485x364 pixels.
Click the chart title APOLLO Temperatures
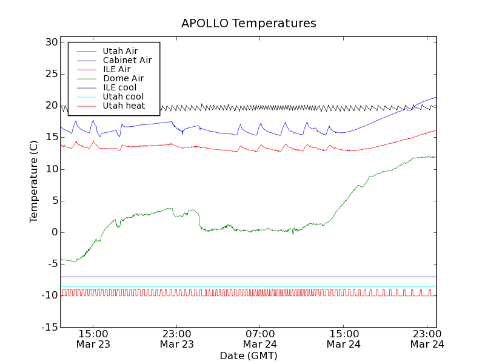tap(249, 24)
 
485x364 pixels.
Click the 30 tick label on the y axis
tap(50, 42)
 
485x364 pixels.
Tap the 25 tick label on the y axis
tap(50, 74)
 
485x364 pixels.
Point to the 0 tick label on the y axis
tap(54, 232)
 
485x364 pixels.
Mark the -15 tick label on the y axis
tap(48, 328)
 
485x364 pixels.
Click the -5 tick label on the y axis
tap(51, 264)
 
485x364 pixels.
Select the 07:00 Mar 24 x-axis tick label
tap(260, 339)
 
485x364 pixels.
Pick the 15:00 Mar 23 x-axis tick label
tap(93, 339)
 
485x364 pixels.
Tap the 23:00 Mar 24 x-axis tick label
tap(427, 339)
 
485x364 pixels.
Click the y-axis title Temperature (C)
tap(34, 182)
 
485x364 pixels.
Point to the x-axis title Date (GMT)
tap(249, 356)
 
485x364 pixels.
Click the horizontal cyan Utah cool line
tap(242, 286)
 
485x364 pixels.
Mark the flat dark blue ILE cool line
tap(242, 277)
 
